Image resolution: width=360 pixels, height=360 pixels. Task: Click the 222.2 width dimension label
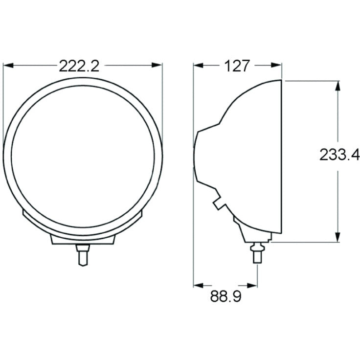(79, 66)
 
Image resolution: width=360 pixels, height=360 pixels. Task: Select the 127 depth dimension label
(237, 66)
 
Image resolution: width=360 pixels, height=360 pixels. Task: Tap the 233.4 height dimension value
(339, 155)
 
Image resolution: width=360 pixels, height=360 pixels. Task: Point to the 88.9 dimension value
(225, 296)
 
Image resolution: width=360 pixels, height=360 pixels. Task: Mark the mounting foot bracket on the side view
(252, 233)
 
